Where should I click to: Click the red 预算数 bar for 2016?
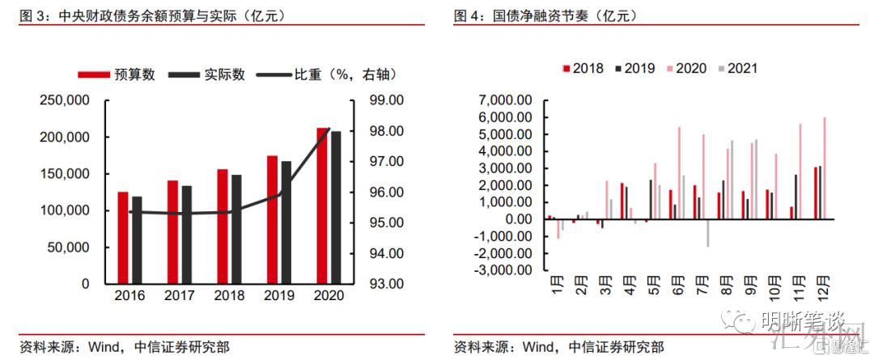[x=123, y=238]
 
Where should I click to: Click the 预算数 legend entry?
[x=117, y=74]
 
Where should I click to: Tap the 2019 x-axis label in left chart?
[x=279, y=296]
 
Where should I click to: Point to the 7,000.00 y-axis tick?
[x=505, y=100]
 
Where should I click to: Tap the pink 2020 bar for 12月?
[x=825, y=168]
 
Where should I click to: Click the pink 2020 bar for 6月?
[x=679, y=173]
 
